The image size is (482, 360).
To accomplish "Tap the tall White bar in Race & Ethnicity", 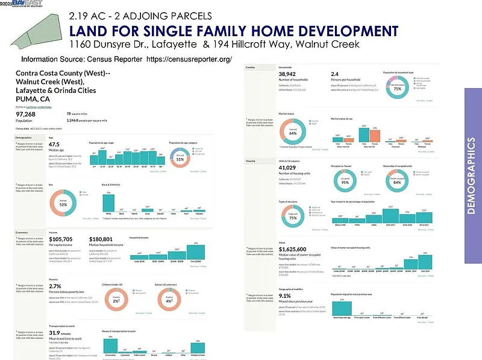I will coord(108,204).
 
